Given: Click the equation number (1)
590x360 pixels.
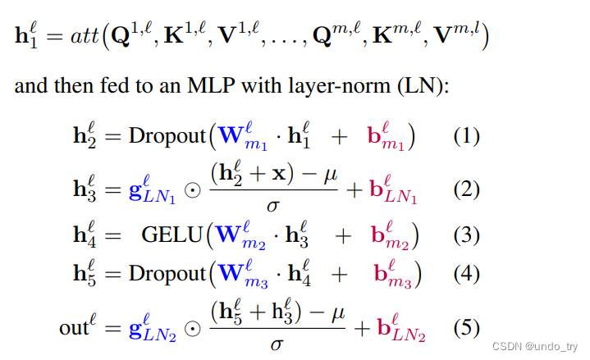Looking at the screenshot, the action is (466, 136).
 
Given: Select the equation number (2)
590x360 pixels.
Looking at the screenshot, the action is (466, 189).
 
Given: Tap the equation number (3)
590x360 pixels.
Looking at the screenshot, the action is (466, 235).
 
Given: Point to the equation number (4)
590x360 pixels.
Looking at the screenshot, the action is (466, 273).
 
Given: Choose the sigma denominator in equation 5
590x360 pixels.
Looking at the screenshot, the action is (277, 344).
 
